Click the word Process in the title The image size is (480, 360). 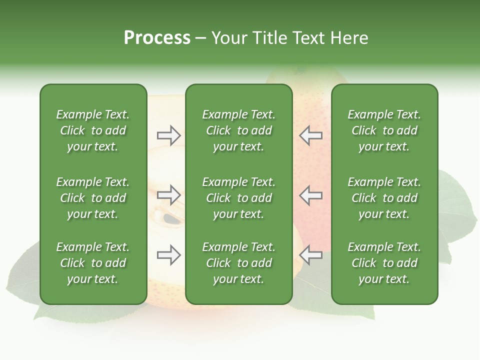pyautogui.click(x=157, y=37)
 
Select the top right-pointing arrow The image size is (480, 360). pyautogui.click(x=168, y=135)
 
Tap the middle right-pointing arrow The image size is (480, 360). pyautogui.click(x=168, y=195)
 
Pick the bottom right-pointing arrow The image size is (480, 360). pyautogui.click(x=168, y=255)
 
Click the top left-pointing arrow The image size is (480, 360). pyautogui.click(x=311, y=135)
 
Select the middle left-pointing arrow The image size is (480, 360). pyautogui.click(x=311, y=195)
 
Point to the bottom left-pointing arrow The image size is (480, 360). pyautogui.click(x=311, y=255)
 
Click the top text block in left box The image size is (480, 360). pyautogui.click(x=93, y=130)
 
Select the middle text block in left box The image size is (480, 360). pyautogui.click(x=93, y=198)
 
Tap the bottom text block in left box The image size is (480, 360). pyautogui.click(x=93, y=263)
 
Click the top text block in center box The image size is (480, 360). pyautogui.click(x=238, y=130)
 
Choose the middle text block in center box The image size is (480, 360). pyautogui.click(x=238, y=198)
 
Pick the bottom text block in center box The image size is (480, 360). pyautogui.click(x=238, y=263)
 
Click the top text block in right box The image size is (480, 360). pyautogui.click(x=384, y=130)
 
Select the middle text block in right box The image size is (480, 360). pyautogui.click(x=384, y=198)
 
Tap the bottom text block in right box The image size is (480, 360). pyautogui.click(x=384, y=263)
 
